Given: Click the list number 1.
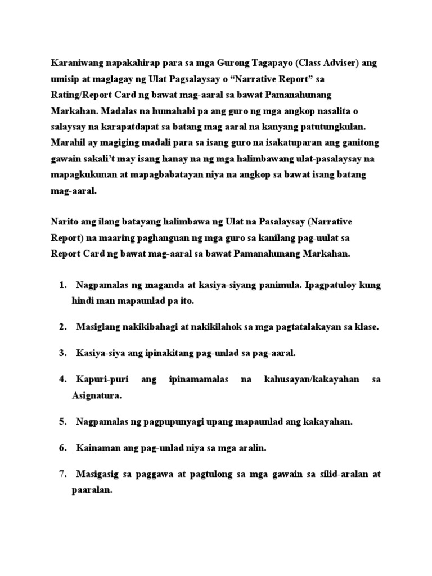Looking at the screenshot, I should click(x=62, y=286).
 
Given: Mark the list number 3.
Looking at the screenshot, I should click(x=62, y=353).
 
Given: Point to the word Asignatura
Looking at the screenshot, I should click(x=97, y=395).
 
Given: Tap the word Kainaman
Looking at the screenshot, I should click(x=97, y=448).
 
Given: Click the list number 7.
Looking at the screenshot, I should click(x=62, y=474).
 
